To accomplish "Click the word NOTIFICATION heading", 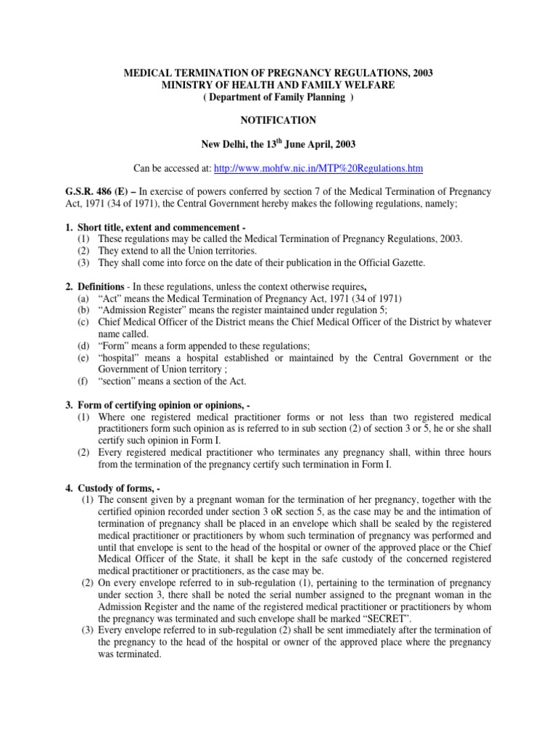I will click(279, 120).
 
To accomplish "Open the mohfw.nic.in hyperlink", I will click(318, 169).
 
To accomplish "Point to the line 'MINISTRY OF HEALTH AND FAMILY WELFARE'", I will click(278, 86).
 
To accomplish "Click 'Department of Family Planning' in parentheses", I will click(278, 98).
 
